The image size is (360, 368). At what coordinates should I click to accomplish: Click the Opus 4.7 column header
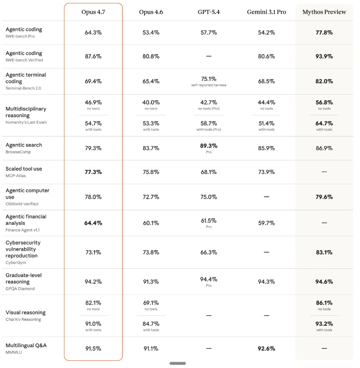pos(93,12)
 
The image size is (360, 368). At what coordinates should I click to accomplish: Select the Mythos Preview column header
pos(324,12)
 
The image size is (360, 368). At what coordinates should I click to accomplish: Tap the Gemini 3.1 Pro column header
pos(266,12)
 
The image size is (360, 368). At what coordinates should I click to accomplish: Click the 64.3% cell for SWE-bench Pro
pos(93,32)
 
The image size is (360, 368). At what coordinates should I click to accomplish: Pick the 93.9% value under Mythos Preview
pos(324,56)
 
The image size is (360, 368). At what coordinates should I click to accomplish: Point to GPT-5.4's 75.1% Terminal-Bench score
pos(209,78)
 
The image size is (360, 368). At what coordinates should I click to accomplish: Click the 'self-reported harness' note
pos(209,85)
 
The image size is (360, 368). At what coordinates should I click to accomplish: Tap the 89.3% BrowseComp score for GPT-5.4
pos(209,146)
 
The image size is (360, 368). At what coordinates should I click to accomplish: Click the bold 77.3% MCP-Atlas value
pos(93,172)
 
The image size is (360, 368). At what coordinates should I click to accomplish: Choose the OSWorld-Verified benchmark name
pos(22,204)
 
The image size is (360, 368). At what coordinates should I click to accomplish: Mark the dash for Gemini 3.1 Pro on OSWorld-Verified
pos(266,197)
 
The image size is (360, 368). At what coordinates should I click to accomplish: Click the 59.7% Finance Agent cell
pos(266,223)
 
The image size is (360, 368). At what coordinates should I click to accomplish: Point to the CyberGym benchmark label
pos(15,262)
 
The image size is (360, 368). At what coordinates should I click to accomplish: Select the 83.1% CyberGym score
pos(324,252)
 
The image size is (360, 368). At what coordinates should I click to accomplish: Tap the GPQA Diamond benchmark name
pos(20,288)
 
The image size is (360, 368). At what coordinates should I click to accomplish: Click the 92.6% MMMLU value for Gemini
pos(266,348)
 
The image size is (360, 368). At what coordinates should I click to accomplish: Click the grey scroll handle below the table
pos(178,363)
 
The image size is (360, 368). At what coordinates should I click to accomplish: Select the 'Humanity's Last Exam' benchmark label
pos(26,122)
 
